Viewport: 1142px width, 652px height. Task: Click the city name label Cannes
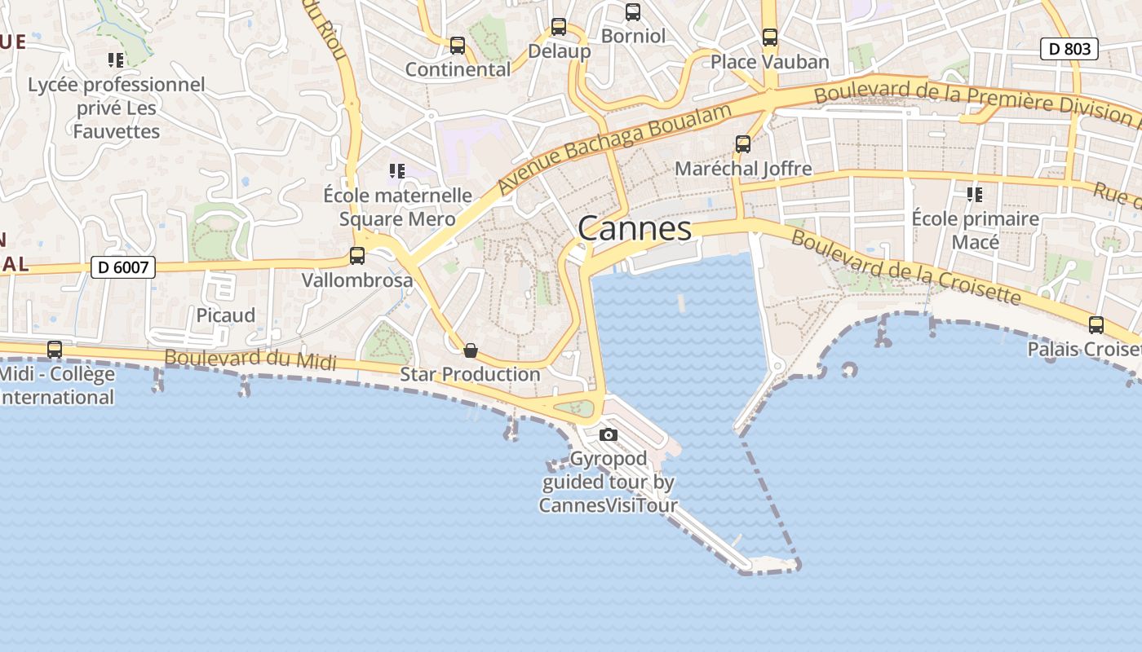pyautogui.click(x=635, y=229)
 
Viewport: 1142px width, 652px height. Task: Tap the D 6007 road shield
pyautogui.click(x=122, y=267)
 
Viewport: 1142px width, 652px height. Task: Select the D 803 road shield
pyautogui.click(x=1069, y=49)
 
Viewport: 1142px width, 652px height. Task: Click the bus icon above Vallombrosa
pyautogui.click(x=357, y=256)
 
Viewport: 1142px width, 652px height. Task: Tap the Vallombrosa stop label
pyautogui.click(x=357, y=280)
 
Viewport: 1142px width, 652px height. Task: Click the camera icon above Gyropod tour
pyautogui.click(x=609, y=434)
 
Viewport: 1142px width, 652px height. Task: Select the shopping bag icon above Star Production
pyautogui.click(x=470, y=350)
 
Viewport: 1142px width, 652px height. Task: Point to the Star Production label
pyautogui.click(x=470, y=375)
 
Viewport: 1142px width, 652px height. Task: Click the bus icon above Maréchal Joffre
pyautogui.click(x=743, y=144)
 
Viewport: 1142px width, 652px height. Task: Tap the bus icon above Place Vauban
pyautogui.click(x=770, y=37)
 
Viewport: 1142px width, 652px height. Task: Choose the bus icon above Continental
pyautogui.click(x=458, y=46)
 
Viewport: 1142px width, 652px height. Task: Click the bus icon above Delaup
pyautogui.click(x=559, y=27)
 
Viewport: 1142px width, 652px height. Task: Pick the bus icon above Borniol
pyautogui.click(x=633, y=12)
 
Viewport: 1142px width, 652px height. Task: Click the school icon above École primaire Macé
pyautogui.click(x=975, y=194)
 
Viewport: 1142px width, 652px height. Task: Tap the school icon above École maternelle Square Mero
pyautogui.click(x=397, y=170)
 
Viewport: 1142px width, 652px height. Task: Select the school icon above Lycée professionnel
pyautogui.click(x=116, y=59)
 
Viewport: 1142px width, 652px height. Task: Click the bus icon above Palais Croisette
pyautogui.click(x=1096, y=325)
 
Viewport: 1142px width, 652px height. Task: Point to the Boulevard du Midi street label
pyautogui.click(x=250, y=358)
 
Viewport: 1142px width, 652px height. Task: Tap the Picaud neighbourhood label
pyautogui.click(x=225, y=315)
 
